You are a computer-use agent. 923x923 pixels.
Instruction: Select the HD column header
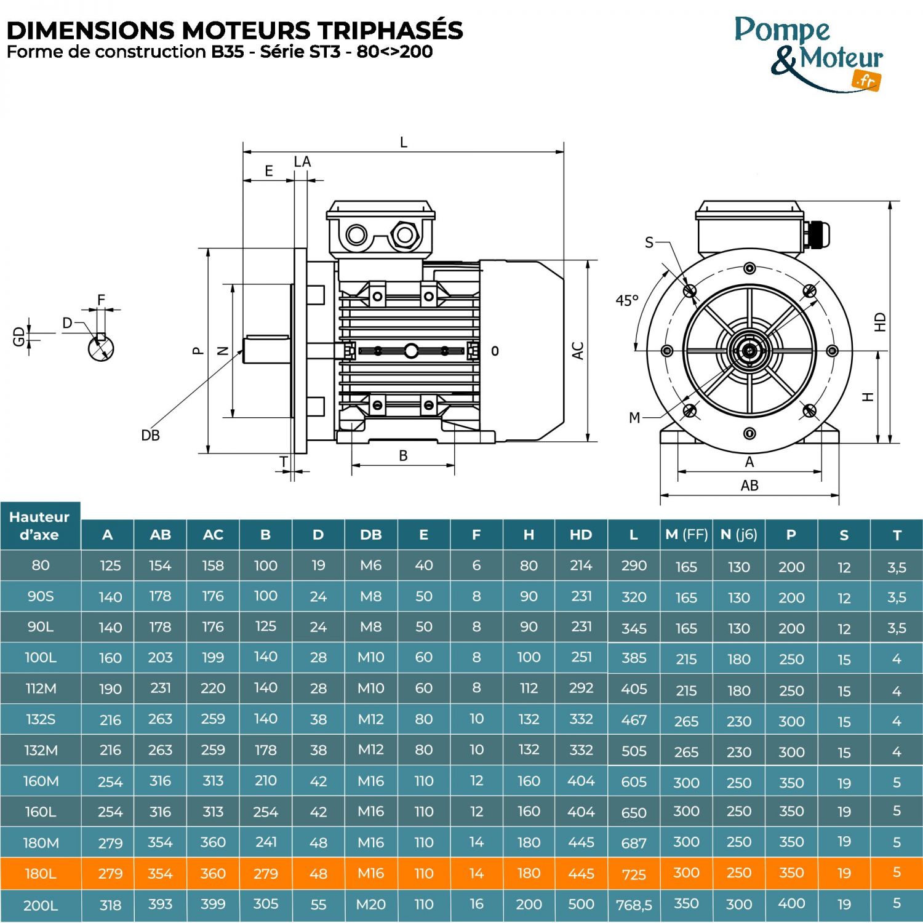[581, 535]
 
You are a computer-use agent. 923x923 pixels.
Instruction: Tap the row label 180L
[41, 873]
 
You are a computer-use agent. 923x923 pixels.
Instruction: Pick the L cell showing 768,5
[634, 905]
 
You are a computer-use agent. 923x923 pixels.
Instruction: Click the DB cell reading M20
[370, 905]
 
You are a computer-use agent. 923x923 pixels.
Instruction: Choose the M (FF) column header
[686, 535]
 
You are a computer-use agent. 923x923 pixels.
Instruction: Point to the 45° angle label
[627, 301]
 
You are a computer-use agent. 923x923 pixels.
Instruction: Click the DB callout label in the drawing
[150, 436]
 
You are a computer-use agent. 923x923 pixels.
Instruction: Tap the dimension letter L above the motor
[404, 143]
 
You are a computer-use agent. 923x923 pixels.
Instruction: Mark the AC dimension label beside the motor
[578, 351]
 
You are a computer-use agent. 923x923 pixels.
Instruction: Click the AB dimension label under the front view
[749, 485]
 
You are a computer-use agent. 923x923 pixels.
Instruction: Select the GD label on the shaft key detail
[19, 336]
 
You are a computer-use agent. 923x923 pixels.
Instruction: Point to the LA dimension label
[302, 162]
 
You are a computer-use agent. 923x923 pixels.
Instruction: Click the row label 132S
[41, 719]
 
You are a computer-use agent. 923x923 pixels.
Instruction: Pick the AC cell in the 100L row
[213, 658]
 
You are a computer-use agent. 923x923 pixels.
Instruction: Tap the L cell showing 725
[634, 874]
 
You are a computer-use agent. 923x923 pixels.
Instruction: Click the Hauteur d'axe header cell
[40, 526]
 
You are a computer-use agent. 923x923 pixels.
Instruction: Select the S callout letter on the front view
[649, 242]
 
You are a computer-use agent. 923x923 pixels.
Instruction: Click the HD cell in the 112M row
[581, 688]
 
